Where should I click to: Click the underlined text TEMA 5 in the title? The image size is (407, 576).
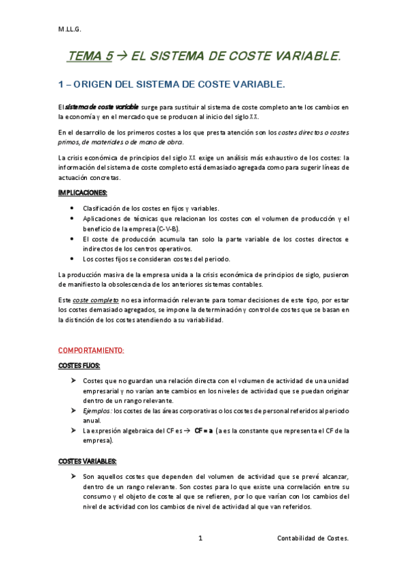89,58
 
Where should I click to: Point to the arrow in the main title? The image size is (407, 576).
122,58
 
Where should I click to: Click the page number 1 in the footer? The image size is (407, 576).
200,538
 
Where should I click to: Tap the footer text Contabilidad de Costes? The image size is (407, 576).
313,538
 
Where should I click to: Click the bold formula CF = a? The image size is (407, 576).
204,431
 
